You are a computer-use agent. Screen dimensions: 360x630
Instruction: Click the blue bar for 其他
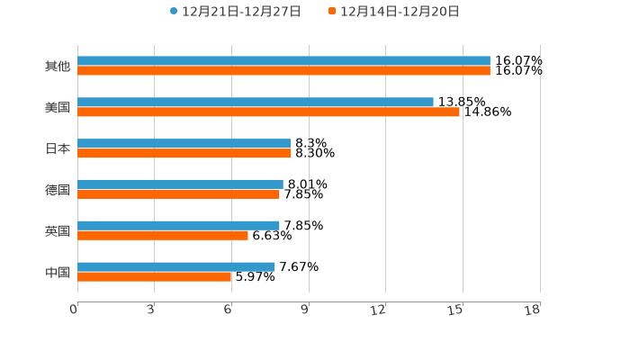pyautogui.click(x=283, y=61)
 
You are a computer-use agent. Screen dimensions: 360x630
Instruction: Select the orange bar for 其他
pyautogui.click(x=283, y=71)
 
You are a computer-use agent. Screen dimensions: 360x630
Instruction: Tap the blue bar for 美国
pyautogui.click(x=256, y=103)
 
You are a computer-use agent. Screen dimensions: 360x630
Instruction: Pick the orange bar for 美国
pyautogui.click(x=268, y=112)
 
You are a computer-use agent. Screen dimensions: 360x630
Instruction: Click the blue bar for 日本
pyautogui.click(x=184, y=144)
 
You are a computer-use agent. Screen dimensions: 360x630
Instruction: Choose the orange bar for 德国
pyautogui.click(x=178, y=194)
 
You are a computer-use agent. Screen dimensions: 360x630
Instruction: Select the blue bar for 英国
pyautogui.click(x=178, y=225)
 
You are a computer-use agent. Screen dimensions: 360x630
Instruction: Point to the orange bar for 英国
pyautogui.click(x=163, y=236)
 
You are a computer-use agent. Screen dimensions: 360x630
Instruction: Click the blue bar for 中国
pyautogui.click(x=176, y=266)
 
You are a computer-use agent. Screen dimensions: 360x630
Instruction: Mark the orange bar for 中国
pyautogui.click(x=155, y=277)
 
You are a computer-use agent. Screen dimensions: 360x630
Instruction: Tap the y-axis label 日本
pyautogui.click(x=58, y=149)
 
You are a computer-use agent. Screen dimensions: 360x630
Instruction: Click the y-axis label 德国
pyautogui.click(x=58, y=190)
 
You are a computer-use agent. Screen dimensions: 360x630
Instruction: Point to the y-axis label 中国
pyautogui.click(x=58, y=272)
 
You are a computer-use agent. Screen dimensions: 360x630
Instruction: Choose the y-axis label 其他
pyautogui.click(x=58, y=67)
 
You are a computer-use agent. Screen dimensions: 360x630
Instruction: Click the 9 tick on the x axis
pyautogui.click(x=305, y=310)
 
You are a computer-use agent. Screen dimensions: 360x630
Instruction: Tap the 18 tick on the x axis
pyautogui.click(x=533, y=310)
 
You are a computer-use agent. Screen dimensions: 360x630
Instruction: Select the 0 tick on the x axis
pyautogui.click(x=74, y=310)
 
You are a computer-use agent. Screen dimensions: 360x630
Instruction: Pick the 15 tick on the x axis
pyautogui.click(x=456, y=310)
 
